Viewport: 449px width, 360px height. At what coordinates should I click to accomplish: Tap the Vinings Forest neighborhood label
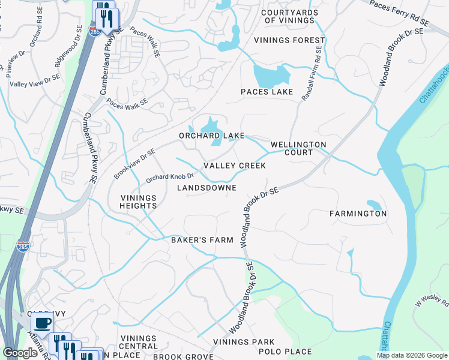tap(289, 41)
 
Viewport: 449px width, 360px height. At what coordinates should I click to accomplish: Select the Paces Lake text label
tap(267, 92)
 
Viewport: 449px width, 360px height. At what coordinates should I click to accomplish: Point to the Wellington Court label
tap(298, 148)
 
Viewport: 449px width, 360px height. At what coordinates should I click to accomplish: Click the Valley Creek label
tap(234, 166)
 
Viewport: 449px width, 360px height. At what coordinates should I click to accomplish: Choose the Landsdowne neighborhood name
tap(206, 188)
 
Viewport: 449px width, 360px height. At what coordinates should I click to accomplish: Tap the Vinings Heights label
tap(139, 202)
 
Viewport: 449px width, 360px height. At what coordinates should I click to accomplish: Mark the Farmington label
tap(358, 214)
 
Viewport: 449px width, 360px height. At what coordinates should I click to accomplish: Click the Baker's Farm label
tap(201, 240)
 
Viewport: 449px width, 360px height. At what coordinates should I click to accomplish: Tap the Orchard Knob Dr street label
tap(170, 177)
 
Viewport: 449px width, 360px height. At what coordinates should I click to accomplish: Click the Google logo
tap(20, 353)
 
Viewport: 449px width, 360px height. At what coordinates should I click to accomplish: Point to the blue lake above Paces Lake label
tap(271, 76)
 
